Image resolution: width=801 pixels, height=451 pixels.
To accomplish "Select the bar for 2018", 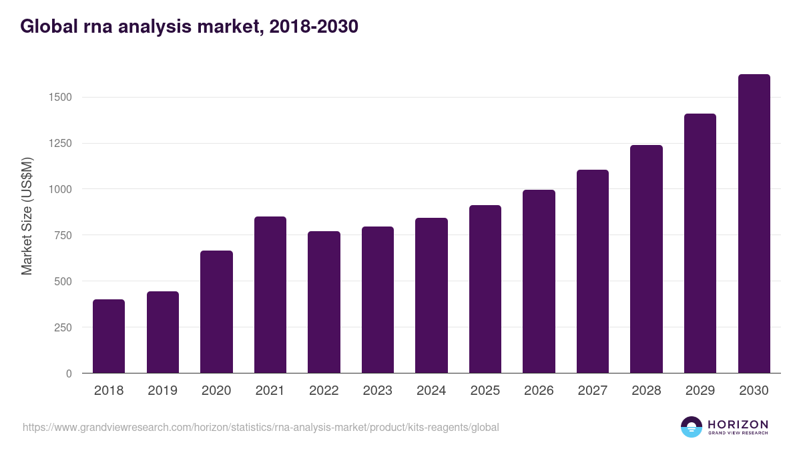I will point(109,336).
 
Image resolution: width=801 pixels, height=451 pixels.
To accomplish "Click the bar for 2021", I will point(270,295).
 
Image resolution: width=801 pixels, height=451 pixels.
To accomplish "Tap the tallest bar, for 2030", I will point(754,224).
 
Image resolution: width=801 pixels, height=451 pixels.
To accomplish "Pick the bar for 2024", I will point(431,295).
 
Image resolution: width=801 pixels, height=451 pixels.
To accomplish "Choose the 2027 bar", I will point(593,271).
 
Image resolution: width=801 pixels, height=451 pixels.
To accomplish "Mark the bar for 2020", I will point(216,312).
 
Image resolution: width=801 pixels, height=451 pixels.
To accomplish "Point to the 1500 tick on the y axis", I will point(59,98).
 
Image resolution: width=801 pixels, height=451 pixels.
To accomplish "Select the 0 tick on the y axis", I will point(69,373).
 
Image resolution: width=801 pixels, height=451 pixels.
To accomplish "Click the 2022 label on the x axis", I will point(324,391).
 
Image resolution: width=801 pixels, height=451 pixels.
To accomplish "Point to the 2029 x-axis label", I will point(700,391).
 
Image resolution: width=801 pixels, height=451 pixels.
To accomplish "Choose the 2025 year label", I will point(485,391).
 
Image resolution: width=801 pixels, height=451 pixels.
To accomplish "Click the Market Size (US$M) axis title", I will point(27,216).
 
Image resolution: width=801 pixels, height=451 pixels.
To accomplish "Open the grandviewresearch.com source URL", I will point(261,427).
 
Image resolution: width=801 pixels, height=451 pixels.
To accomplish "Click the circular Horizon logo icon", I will point(692,427).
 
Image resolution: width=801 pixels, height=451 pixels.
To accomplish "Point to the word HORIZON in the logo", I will point(738,424).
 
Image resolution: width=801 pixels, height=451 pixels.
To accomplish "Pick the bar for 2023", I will point(378,300).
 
